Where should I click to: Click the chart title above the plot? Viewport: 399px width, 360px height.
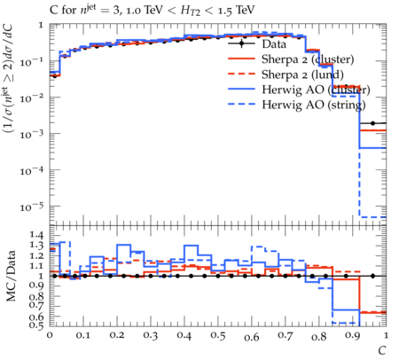tap(152, 11)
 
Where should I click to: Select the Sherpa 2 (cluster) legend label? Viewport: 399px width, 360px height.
tap(308, 59)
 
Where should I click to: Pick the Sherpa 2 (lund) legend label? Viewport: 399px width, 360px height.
tap(302, 74)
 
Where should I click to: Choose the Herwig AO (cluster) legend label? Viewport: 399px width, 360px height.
tap(316, 90)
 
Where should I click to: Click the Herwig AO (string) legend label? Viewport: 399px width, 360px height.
tap(314, 105)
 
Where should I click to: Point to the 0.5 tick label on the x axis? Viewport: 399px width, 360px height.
tap(218, 336)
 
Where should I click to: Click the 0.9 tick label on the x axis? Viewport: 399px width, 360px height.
tap(353, 336)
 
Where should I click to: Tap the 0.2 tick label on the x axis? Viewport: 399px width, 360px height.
tap(117, 336)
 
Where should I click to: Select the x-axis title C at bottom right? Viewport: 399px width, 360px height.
tap(382, 351)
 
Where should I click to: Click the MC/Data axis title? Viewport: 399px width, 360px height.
tap(11, 276)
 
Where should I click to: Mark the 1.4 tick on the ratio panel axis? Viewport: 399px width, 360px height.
tap(37, 235)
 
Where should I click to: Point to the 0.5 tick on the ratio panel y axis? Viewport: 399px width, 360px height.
tap(37, 325)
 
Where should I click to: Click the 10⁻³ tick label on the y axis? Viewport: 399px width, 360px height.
tap(31, 135)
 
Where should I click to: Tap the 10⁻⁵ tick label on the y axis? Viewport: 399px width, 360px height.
tap(31, 207)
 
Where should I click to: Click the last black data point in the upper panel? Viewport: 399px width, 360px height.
tap(372, 123)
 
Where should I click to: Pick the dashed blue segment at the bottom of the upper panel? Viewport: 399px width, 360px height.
tap(372, 217)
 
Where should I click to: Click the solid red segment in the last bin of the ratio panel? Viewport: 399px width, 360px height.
tap(372, 312)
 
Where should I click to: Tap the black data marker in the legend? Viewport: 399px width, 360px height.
tap(241, 43)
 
